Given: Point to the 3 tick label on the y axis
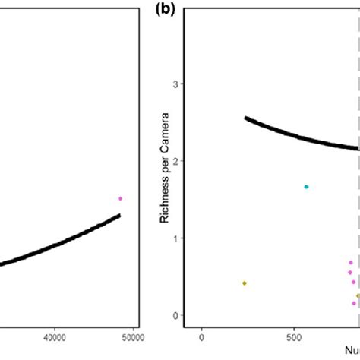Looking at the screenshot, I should pos(176,84).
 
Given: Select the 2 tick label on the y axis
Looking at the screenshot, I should pos(176,161).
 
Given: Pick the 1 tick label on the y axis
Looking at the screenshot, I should pos(176,238).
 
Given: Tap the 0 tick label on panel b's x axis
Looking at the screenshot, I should pos(201,339).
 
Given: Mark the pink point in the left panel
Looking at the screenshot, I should pos(120,198).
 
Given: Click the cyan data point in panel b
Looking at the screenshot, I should pos(306,187).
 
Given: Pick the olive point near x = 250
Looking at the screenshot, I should pos(245,283).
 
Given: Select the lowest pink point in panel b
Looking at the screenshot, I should pos(354,303).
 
